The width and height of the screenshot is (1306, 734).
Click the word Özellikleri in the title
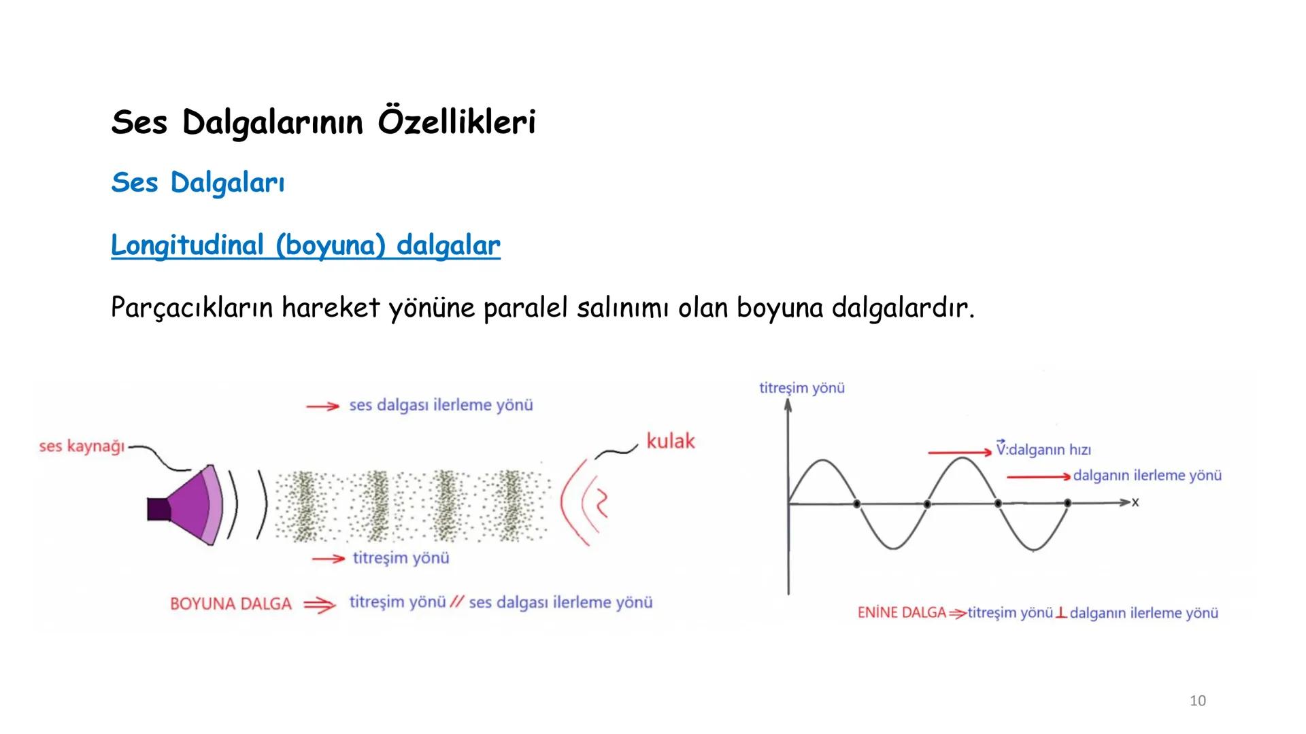(456, 122)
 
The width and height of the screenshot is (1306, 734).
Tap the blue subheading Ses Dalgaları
(197, 182)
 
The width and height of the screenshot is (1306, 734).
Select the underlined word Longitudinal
(187, 245)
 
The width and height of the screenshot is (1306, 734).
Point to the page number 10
(1198, 701)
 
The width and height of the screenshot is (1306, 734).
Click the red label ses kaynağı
(82, 447)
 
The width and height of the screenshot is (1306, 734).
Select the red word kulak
(671, 441)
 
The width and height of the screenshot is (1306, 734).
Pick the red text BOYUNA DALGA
(231, 604)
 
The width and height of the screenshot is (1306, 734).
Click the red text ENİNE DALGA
(902, 613)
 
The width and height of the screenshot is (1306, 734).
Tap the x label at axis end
(1135, 502)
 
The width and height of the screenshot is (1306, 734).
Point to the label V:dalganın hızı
(1043, 450)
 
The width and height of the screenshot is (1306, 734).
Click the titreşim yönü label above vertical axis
(802, 388)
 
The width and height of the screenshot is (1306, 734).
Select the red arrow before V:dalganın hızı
(959, 452)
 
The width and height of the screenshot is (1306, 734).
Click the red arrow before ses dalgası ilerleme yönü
(322, 406)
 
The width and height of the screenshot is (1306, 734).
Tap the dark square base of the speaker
(158, 509)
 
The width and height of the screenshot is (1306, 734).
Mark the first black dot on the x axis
(856, 504)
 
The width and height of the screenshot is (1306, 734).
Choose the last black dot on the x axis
(1067, 503)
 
